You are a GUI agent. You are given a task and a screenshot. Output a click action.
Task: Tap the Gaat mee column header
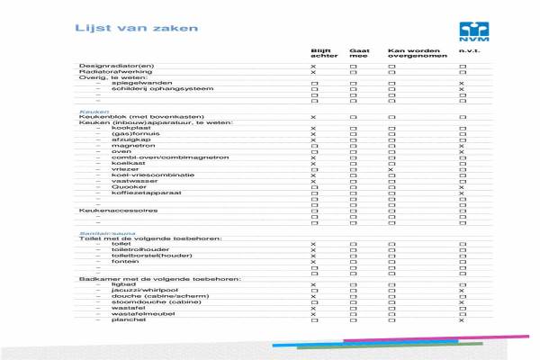click(359, 53)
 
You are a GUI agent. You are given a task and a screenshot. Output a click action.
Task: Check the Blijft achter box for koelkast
click(314, 163)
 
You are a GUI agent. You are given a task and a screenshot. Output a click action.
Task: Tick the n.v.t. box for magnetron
click(462, 146)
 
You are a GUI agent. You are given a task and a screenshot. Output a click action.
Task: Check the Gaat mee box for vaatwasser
click(354, 181)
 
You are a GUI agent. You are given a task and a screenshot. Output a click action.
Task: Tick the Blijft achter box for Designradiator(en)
click(314, 67)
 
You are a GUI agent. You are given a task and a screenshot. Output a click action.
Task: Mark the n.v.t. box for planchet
click(462, 320)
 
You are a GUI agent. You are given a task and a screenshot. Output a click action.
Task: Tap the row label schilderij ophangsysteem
click(149, 89)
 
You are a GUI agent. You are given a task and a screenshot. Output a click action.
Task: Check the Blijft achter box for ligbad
click(314, 284)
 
